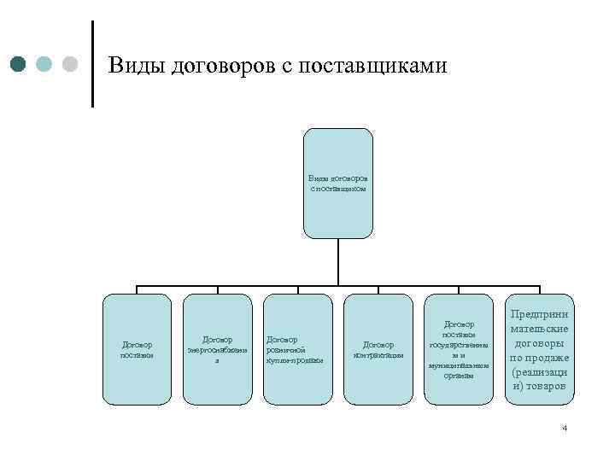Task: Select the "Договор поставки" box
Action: [x=137, y=348]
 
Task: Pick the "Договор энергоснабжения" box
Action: [x=217, y=348]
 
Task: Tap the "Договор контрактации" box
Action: [x=377, y=348]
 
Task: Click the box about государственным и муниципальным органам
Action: [x=458, y=348]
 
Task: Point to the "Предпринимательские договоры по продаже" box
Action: [x=539, y=348]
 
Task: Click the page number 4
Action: [x=565, y=428]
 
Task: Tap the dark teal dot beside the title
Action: [x=20, y=64]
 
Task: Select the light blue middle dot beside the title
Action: [x=45, y=64]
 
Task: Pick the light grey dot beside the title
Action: [x=70, y=64]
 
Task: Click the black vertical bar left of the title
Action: [x=92, y=63]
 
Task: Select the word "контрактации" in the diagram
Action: [x=377, y=354]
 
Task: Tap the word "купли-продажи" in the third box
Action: [x=295, y=359]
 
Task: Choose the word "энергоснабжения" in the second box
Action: [x=217, y=349]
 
